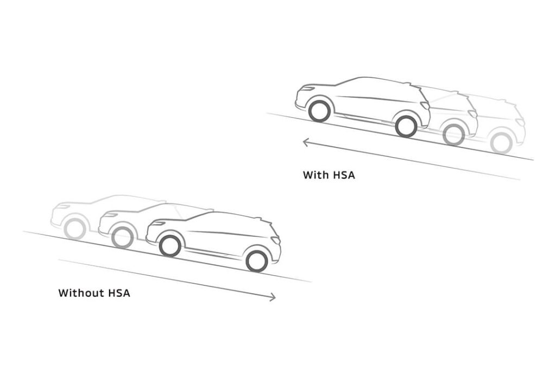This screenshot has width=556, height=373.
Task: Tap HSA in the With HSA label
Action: click(x=344, y=175)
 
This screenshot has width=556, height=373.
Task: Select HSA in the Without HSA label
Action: click(x=119, y=293)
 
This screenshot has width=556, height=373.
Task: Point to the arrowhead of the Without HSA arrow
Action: click(x=273, y=297)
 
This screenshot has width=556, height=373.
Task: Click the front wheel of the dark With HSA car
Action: click(x=319, y=111)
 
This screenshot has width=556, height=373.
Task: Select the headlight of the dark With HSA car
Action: click(x=307, y=88)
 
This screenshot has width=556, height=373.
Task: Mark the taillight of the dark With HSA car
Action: click(x=425, y=105)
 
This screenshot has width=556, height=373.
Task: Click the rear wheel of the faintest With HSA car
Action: click(x=501, y=144)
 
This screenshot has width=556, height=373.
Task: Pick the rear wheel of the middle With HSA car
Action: click(x=453, y=135)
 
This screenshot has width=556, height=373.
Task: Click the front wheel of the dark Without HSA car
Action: click(x=170, y=246)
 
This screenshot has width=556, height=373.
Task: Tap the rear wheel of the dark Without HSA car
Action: click(x=257, y=261)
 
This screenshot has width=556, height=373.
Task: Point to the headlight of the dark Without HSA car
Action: click(x=157, y=223)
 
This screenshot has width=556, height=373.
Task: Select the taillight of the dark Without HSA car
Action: click(x=276, y=240)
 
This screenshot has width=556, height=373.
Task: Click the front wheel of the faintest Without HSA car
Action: click(x=75, y=229)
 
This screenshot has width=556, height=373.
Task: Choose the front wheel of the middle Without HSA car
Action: click(x=123, y=237)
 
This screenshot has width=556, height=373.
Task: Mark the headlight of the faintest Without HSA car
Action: click(x=62, y=206)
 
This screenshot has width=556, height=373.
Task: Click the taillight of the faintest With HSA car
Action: click(x=520, y=122)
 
